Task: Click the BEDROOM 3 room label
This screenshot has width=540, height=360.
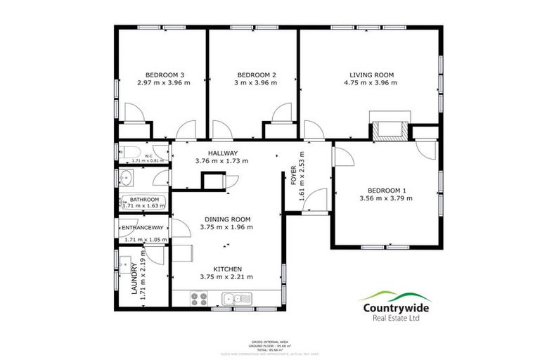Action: coord(165,75)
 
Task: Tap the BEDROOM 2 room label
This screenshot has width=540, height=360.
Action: coord(257,75)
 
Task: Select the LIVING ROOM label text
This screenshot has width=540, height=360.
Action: coord(371,75)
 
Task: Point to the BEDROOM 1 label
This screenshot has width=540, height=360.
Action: coord(387,190)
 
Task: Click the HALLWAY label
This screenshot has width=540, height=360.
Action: coord(222,153)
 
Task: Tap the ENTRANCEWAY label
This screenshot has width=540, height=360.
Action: coord(143,229)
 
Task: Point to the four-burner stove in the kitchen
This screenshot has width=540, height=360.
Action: coord(198,298)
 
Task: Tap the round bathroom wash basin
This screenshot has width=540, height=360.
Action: coord(124,176)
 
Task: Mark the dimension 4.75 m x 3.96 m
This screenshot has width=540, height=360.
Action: coord(371,83)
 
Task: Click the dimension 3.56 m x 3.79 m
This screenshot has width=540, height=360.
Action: coord(387,198)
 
